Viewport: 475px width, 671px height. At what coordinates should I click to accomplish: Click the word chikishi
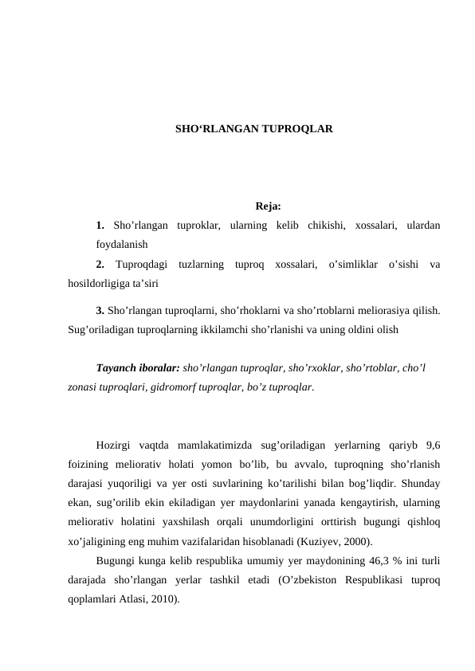click(320, 226)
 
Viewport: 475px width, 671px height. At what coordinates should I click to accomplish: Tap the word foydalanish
click(121, 245)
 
